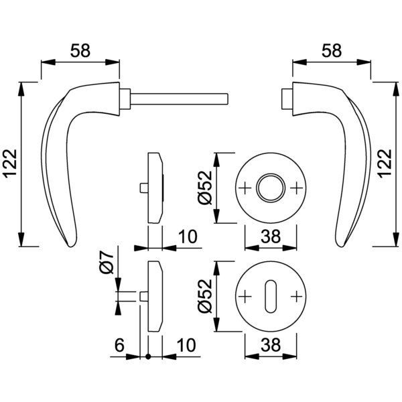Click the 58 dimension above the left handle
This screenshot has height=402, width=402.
[x=80, y=50]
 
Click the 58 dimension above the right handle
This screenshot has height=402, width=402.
[x=332, y=50]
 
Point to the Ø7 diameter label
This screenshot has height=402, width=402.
[x=105, y=261]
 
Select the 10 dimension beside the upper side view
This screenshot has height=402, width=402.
[x=188, y=237]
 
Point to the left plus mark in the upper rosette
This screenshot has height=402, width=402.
[x=246, y=188]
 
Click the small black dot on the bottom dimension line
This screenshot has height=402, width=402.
[x=147, y=356]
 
